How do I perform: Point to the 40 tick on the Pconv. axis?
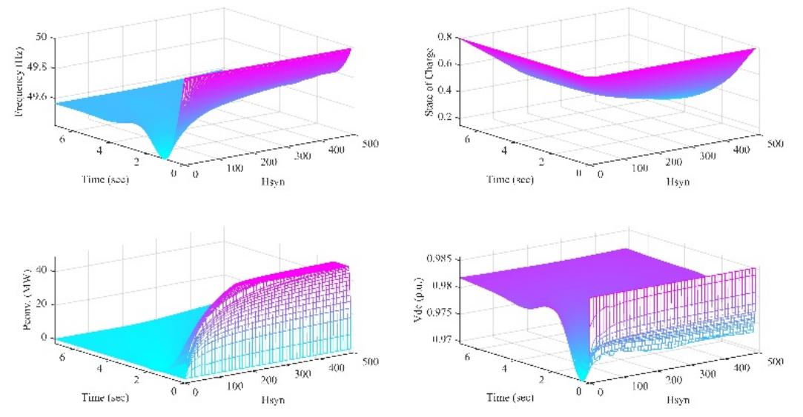(x=42, y=271)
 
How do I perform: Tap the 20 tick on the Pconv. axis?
(x=42, y=304)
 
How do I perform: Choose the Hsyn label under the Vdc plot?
(x=674, y=401)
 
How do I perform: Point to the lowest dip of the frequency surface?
(x=165, y=157)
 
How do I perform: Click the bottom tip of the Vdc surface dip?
(x=583, y=379)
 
